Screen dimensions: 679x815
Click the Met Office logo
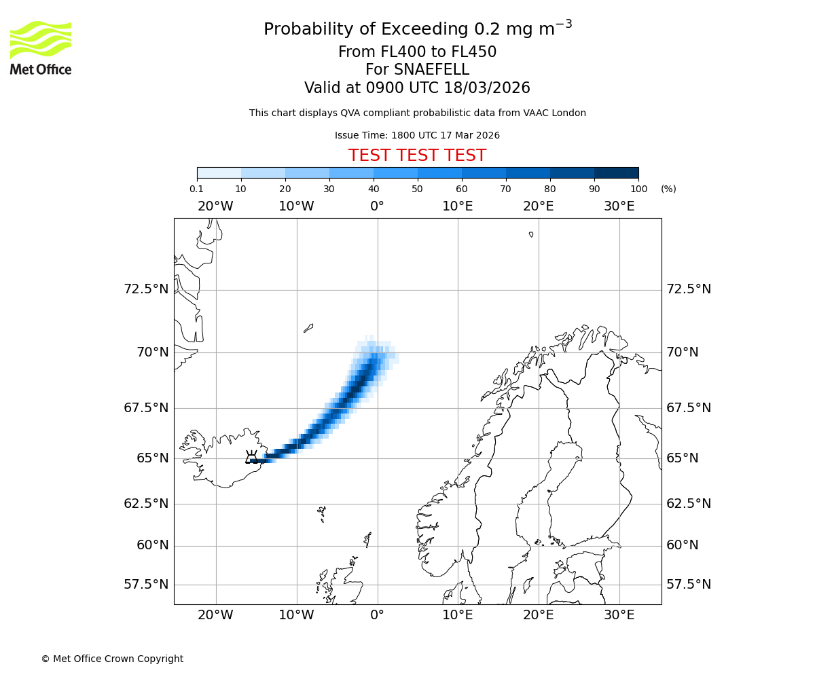[x=41, y=48]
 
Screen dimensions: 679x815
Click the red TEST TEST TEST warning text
[x=417, y=155]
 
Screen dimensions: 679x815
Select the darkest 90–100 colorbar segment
[x=616, y=172]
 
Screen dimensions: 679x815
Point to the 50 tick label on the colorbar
[x=417, y=189]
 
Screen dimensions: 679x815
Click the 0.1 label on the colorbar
[x=197, y=189]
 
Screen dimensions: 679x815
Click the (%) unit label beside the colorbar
[x=668, y=189]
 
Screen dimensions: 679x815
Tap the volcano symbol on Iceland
[x=252, y=457]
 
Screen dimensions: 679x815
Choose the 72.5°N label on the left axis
[x=146, y=289]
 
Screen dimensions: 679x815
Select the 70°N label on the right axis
[x=683, y=352]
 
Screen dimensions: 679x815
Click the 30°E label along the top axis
[x=619, y=206]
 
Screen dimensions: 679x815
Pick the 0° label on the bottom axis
[x=377, y=615]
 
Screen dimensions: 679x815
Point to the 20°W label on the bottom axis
[x=215, y=615]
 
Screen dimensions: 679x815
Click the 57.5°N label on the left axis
[x=146, y=585]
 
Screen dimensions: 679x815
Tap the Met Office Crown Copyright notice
[x=112, y=659]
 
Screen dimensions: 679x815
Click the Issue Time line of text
[x=417, y=135]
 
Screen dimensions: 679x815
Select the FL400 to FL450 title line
[x=417, y=52]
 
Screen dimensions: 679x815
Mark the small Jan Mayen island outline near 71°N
[x=308, y=328]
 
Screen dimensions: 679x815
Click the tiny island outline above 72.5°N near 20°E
[x=531, y=234]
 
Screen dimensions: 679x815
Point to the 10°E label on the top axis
[x=457, y=206]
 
